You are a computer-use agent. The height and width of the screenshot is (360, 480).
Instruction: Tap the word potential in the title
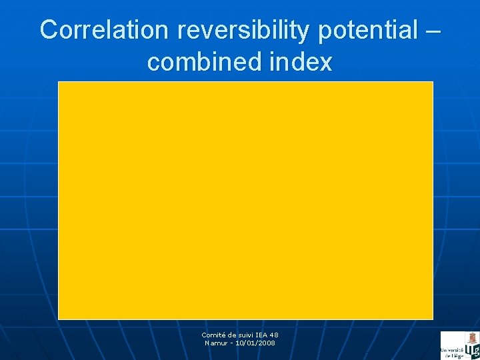(x=360, y=30)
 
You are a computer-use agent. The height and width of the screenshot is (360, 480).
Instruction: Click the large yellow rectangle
(x=245, y=200)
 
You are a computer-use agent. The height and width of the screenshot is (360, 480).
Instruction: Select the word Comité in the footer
(x=214, y=335)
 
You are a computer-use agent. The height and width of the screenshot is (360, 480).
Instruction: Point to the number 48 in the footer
(x=275, y=335)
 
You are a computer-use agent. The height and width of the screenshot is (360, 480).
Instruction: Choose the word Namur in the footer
(x=217, y=343)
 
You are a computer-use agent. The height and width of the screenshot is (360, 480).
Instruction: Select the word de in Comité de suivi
(x=232, y=335)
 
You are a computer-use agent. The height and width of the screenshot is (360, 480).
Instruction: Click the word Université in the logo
(x=451, y=350)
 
